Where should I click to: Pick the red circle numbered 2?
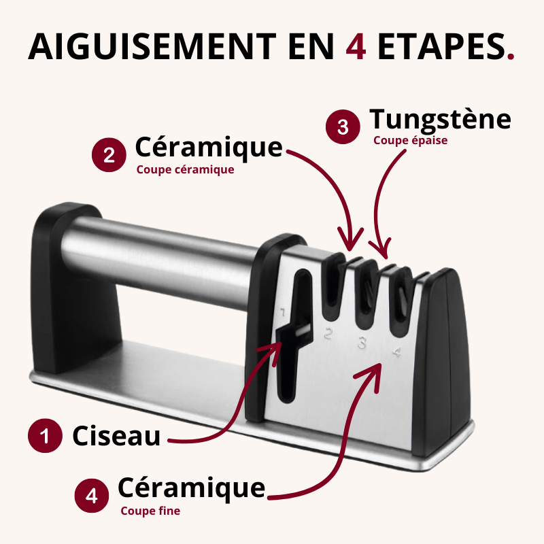click(x=109, y=155)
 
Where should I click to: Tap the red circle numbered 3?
click(x=343, y=127)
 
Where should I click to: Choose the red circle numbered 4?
click(x=91, y=496)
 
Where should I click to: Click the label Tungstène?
click(x=440, y=120)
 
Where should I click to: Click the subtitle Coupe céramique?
click(x=185, y=170)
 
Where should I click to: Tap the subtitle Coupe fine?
click(x=150, y=511)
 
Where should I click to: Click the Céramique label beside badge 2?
click(x=208, y=147)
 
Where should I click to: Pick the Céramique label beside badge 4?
click(x=191, y=488)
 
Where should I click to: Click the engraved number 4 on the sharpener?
click(x=396, y=353)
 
